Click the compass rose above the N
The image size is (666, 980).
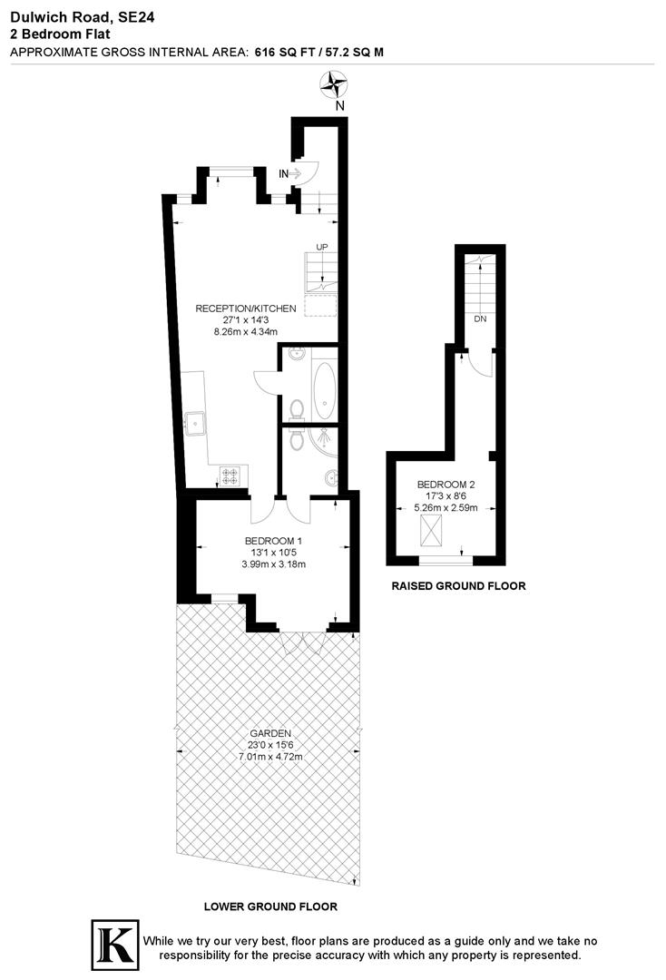point(335,85)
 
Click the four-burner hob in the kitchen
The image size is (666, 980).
point(230,475)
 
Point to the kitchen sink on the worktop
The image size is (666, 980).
point(195,423)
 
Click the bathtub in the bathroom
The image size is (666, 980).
point(324,388)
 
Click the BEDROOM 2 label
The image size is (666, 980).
point(446,485)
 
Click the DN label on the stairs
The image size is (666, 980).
point(479,319)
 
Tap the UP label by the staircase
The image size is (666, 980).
point(321,247)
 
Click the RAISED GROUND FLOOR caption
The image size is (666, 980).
point(457,587)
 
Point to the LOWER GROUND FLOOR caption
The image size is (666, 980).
point(269,906)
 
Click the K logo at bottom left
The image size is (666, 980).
point(115,944)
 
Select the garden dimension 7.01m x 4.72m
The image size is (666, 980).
point(269,756)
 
